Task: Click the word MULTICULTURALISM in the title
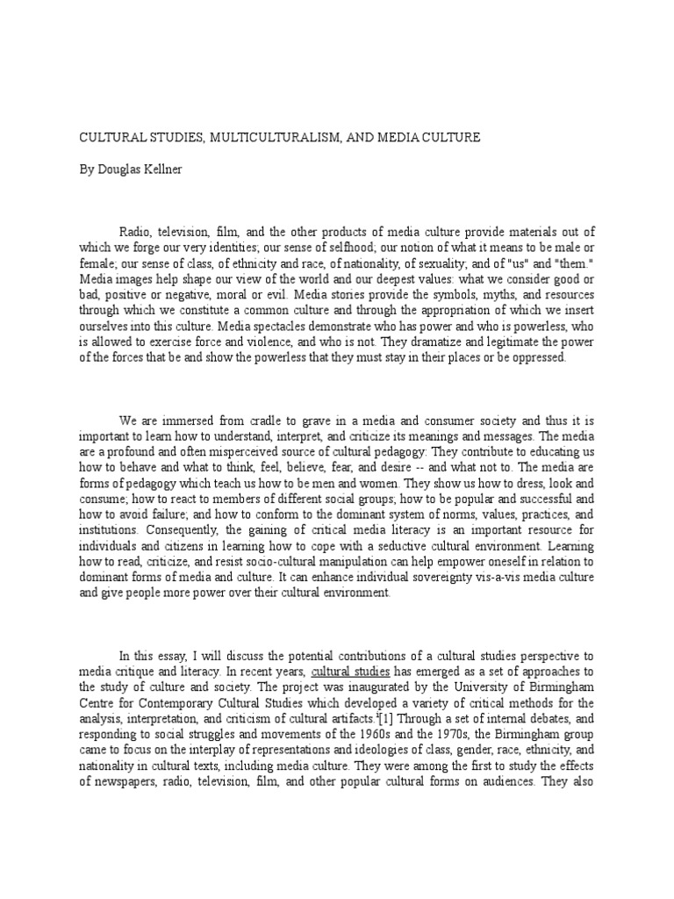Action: (x=255, y=138)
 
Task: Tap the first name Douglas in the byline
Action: (x=111, y=168)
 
